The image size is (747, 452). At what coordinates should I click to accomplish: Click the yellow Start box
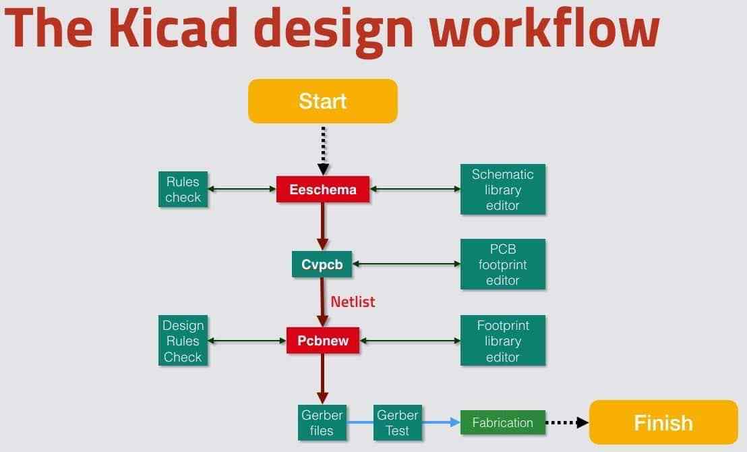(x=323, y=101)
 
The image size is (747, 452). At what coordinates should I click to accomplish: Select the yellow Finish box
(x=663, y=423)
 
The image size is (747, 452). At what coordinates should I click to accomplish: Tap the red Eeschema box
(x=323, y=190)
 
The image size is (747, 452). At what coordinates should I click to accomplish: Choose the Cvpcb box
(x=322, y=264)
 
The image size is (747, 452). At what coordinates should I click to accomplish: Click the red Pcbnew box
(x=323, y=341)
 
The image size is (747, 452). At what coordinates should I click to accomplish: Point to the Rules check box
(x=183, y=190)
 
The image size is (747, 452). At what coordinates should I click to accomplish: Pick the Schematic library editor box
(x=502, y=190)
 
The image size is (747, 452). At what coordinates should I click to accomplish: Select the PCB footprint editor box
(x=502, y=264)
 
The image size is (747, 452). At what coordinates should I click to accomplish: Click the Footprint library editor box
(x=502, y=341)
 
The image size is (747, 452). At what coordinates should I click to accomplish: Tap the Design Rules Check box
(x=183, y=341)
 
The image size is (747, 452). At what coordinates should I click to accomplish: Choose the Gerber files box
(x=322, y=423)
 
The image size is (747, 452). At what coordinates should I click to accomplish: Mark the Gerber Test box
(x=397, y=423)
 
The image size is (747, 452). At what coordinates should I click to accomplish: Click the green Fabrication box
(x=502, y=423)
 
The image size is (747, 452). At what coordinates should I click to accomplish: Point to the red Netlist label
(x=353, y=302)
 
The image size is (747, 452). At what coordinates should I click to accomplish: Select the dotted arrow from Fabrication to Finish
(x=566, y=423)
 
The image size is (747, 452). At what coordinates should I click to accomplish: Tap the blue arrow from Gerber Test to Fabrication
(x=441, y=423)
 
